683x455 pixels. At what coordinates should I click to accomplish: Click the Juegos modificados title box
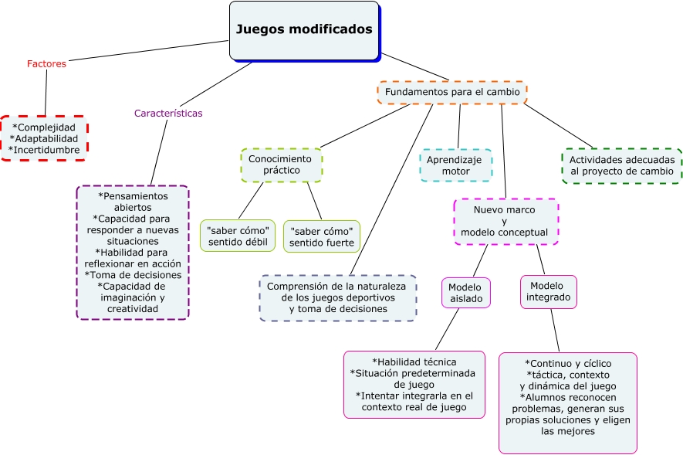(304, 30)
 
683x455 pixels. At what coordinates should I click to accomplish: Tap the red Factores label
(46, 64)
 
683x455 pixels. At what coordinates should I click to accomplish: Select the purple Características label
(168, 113)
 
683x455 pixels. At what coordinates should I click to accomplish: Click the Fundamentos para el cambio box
(452, 92)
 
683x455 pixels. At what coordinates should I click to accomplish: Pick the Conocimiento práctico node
(281, 164)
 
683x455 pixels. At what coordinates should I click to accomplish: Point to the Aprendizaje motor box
(455, 165)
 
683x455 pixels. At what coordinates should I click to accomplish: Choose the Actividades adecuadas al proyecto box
(622, 165)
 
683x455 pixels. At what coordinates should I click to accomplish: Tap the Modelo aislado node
(466, 292)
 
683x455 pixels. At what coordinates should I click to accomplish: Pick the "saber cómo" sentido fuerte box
(322, 236)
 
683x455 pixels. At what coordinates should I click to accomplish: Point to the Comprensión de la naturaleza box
(337, 297)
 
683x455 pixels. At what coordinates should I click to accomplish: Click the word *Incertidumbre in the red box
(44, 149)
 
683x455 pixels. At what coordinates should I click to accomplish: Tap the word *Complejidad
(44, 127)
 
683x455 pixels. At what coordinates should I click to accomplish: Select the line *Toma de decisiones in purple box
(133, 274)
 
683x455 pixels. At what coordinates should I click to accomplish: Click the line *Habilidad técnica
(414, 362)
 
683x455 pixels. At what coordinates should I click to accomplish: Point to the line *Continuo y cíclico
(567, 363)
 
